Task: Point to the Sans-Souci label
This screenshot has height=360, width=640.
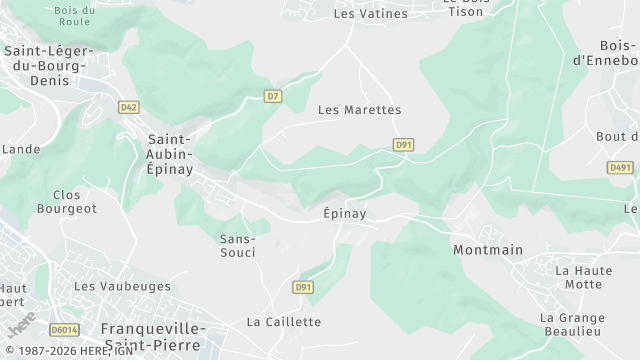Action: click(238, 245)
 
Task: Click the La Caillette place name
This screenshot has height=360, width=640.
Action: click(284, 321)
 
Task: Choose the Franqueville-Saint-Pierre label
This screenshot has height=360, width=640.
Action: click(153, 335)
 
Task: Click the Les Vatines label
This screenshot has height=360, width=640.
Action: click(370, 14)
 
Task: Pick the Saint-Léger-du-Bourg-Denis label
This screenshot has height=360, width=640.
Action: click(49, 65)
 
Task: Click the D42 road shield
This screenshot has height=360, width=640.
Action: click(128, 107)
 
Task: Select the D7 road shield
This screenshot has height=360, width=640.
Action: click(272, 96)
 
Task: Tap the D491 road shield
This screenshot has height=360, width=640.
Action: click(621, 168)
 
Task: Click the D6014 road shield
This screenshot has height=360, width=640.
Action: click(64, 329)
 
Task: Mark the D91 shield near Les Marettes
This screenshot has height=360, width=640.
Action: click(403, 145)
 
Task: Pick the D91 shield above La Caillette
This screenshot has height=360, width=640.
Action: click(303, 288)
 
